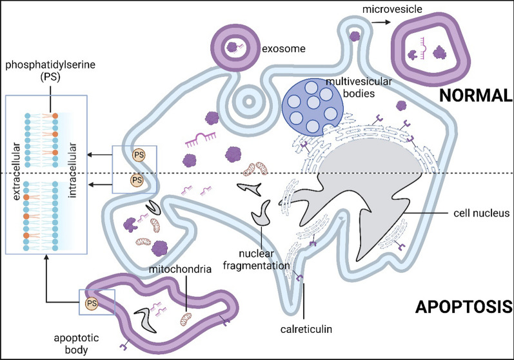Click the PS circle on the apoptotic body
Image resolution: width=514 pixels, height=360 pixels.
pos(90,303)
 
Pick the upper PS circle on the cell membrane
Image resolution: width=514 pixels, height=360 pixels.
pos(137,155)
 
